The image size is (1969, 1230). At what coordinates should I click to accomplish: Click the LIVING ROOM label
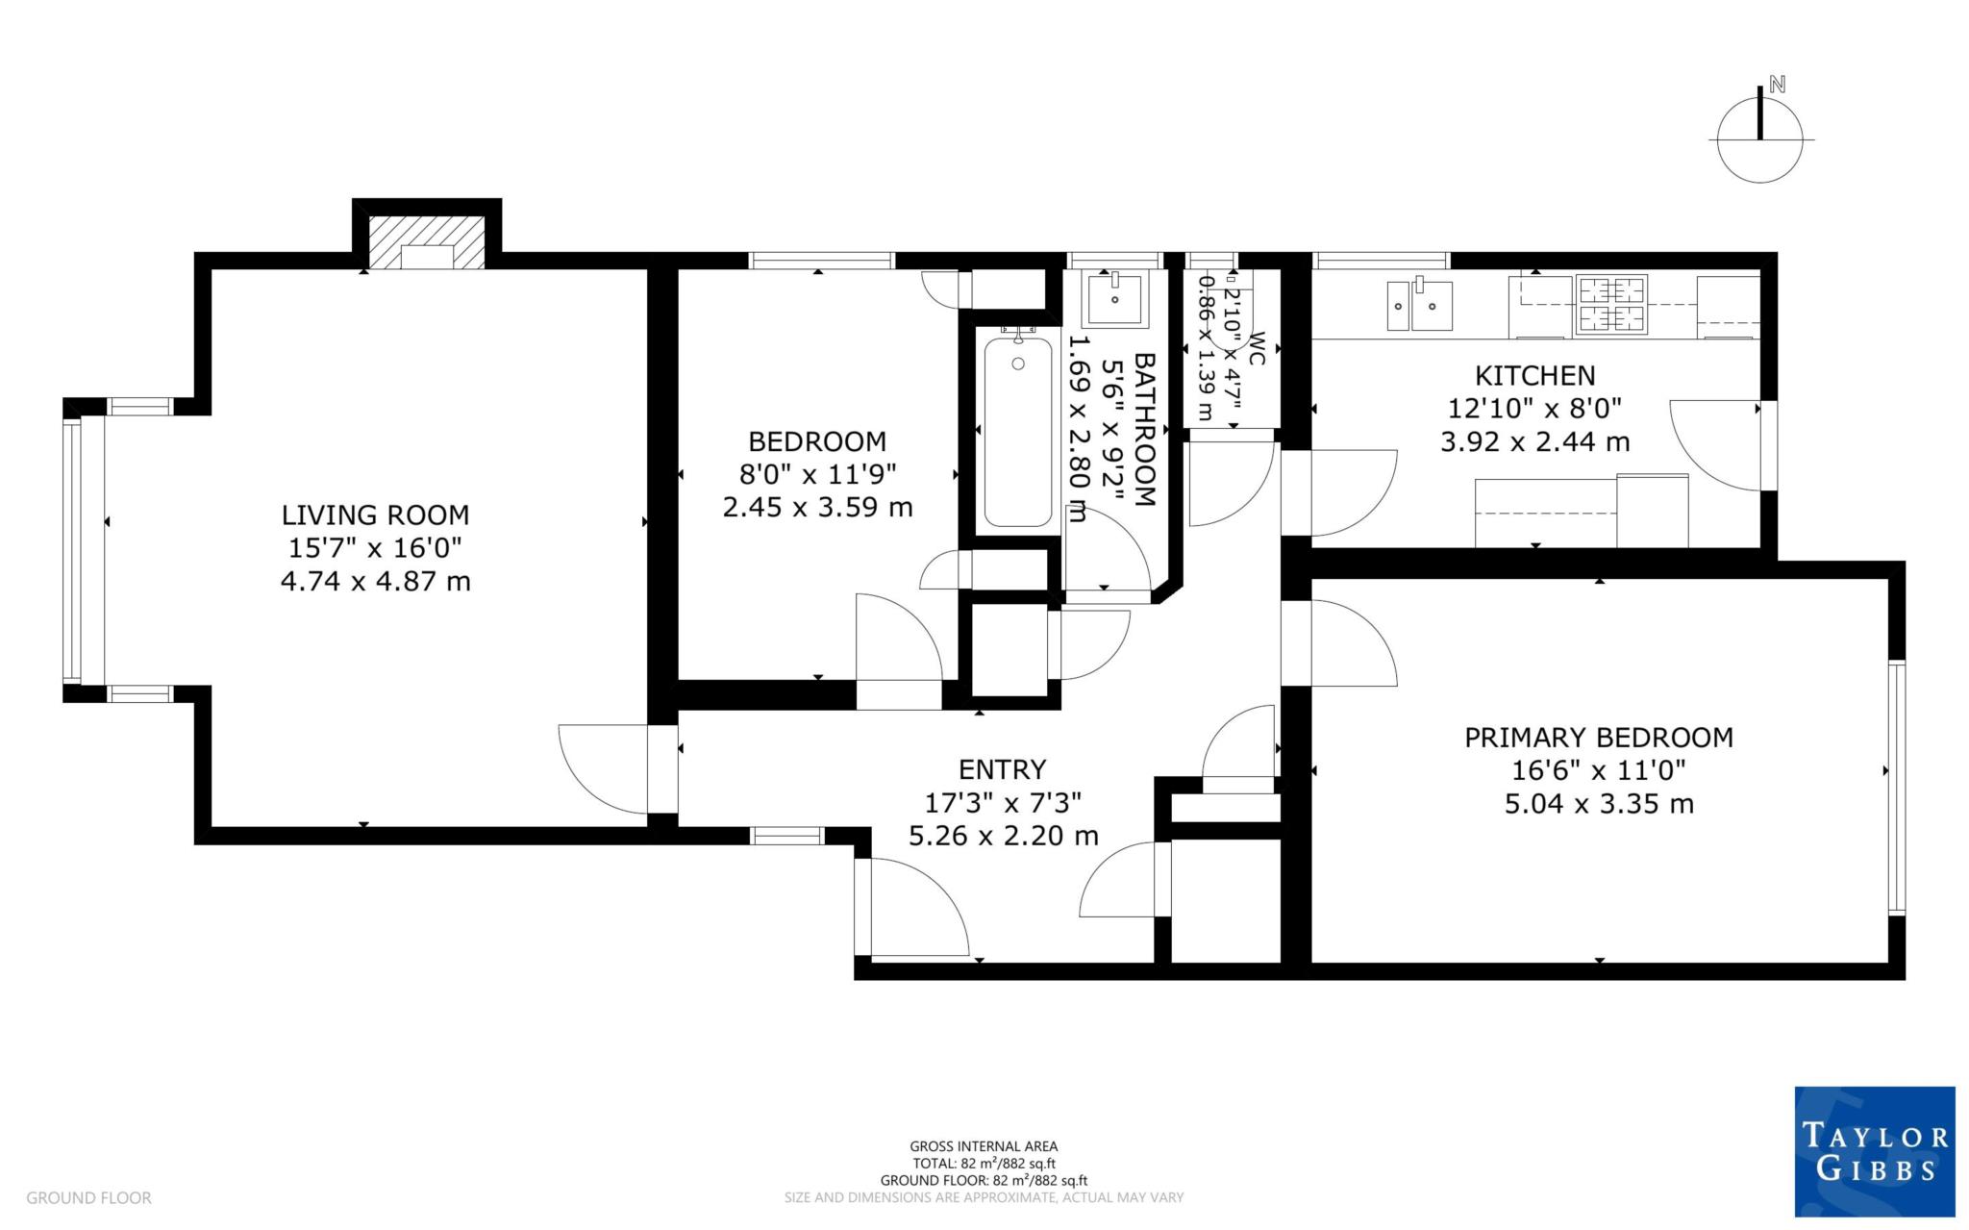click(x=375, y=515)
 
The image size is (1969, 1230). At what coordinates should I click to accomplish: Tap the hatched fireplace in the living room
click(x=427, y=242)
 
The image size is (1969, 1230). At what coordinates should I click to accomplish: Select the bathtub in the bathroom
click(x=1018, y=430)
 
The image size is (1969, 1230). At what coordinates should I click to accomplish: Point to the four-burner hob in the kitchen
click(x=1611, y=304)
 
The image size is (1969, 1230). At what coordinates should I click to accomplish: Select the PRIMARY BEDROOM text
click(x=1598, y=738)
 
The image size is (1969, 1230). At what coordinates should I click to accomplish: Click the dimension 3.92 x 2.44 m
click(x=1534, y=442)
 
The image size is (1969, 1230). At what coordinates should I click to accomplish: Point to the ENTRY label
click(x=1002, y=769)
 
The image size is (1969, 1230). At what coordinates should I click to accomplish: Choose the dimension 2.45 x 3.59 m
click(x=817, y=507)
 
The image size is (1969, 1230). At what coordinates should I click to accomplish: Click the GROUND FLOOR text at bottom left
click(x=88, y=1197)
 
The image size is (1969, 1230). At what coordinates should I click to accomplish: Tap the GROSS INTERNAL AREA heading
click(x=984, y=1145)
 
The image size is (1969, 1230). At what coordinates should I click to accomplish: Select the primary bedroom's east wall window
click(x=1895, y=787)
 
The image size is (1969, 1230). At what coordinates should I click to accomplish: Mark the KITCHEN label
click(x=1534, y=375)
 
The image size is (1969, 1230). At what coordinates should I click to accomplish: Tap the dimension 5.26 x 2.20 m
click(x=1003, y=836)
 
